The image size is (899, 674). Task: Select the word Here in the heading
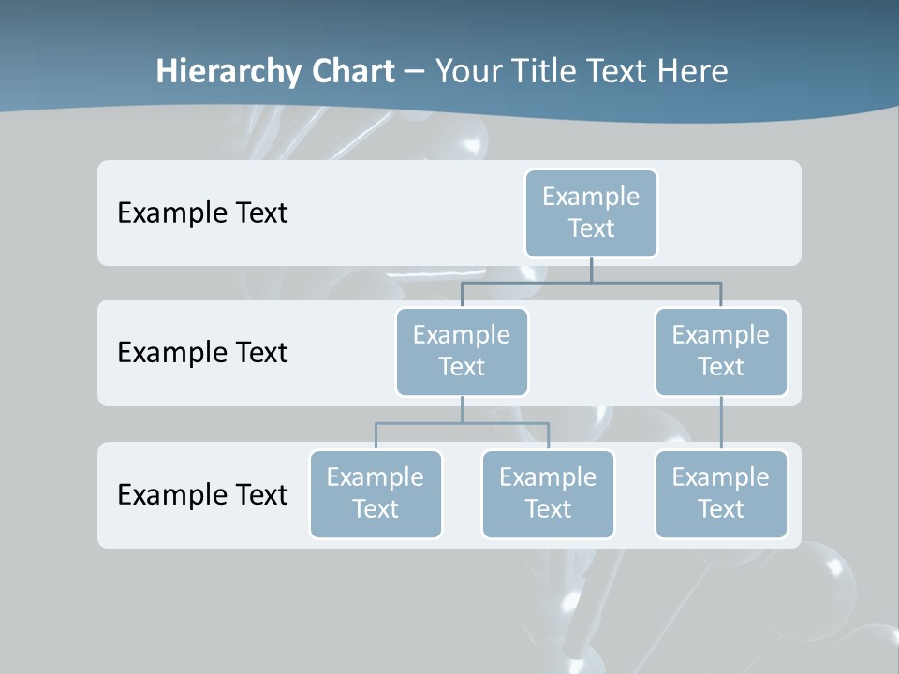coord(693,71)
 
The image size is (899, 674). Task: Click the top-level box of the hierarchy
coord(591,212)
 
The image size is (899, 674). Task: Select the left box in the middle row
coord(462,351)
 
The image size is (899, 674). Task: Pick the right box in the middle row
coord(721,351)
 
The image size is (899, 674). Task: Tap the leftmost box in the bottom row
coord(376,493)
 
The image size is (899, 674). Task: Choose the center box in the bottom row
coord(548,493)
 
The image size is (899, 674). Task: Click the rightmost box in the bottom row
coord(721,493)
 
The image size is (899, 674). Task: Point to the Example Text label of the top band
coord(202,212)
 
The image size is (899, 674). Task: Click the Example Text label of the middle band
coord(202,352)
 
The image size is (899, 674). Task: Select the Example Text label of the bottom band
coord(202,494)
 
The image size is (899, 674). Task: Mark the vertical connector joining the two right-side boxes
coord(721,423)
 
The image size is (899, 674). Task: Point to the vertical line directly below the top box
coord(591,270)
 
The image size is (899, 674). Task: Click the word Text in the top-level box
coord(591,228)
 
